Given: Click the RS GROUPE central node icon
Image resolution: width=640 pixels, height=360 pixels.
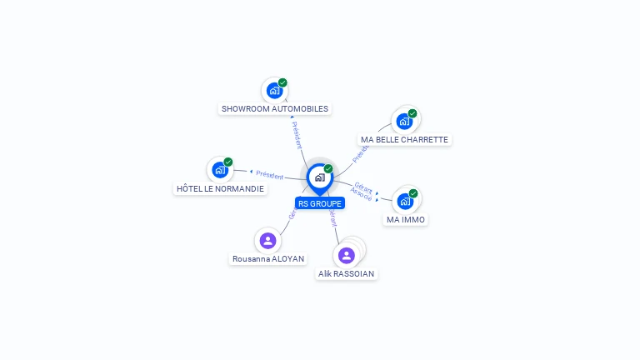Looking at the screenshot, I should pos(319,177).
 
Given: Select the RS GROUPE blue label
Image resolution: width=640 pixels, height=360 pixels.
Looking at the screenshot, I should pos(320,203).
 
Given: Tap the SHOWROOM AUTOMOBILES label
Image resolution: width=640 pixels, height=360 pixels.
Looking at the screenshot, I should pos(275,108).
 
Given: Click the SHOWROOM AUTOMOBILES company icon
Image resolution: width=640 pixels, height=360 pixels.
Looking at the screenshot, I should pos(273,90).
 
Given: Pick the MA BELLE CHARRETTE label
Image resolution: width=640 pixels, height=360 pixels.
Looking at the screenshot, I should pos(404,139).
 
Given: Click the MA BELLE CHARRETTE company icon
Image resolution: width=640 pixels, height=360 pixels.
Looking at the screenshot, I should pos(404,121).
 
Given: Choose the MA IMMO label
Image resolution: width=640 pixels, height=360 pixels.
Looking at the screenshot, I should pos(406,220).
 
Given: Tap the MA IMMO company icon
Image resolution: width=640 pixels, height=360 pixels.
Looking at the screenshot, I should pos(405,201).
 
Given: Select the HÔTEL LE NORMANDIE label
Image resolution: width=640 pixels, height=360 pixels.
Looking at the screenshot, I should pos(220,189).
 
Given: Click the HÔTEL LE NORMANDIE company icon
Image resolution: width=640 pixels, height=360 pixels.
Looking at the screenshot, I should pos(219,170).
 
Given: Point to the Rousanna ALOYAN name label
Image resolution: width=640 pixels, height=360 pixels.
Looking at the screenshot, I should pos(267,258).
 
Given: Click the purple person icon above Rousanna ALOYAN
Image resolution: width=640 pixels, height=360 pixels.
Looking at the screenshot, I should pos(267,241).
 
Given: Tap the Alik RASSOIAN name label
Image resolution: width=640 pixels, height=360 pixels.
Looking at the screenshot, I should pos(347,273).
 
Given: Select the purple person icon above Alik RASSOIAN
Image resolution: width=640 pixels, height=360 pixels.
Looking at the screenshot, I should pos(347,255).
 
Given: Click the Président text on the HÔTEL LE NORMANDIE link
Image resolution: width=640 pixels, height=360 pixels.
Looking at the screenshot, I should pos(270,175).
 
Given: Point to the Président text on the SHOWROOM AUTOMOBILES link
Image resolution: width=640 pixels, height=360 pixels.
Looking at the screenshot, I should pos(296,135).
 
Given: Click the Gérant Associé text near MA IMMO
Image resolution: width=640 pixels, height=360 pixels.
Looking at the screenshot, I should pos(362,191).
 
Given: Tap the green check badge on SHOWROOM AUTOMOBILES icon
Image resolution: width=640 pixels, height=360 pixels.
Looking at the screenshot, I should pos(282,82).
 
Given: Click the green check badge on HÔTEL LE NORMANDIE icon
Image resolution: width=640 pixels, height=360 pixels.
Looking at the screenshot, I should pos(228,162).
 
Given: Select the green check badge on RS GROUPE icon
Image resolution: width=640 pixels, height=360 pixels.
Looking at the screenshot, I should pos(328,168).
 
